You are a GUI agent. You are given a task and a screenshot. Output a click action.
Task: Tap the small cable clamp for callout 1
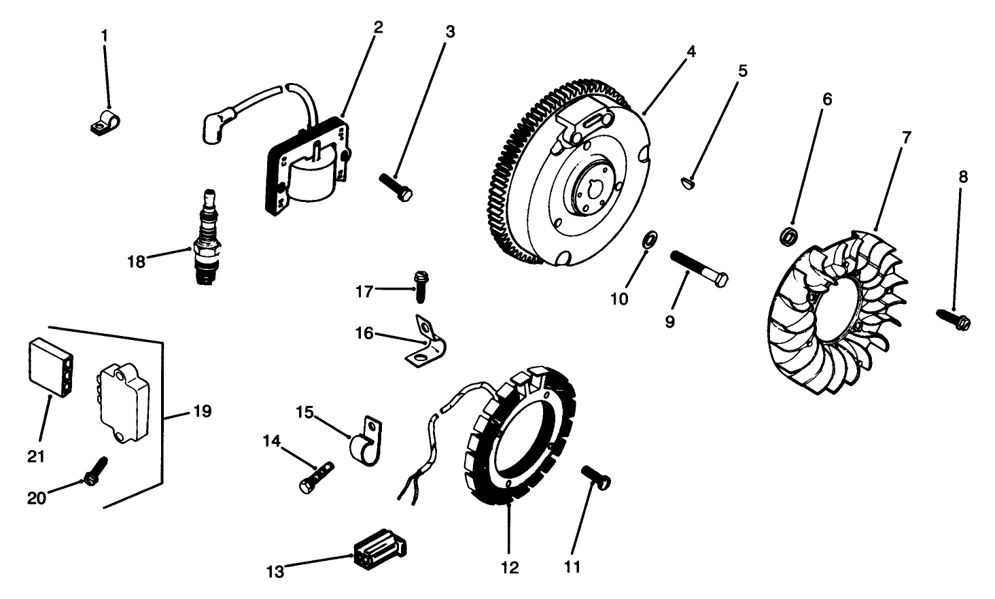click(106, 122)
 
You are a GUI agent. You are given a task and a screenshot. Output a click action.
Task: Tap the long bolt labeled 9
click(699, 269)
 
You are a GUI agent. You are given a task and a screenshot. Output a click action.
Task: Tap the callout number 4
click(691, 51)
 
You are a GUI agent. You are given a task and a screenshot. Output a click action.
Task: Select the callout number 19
click(202, 411)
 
